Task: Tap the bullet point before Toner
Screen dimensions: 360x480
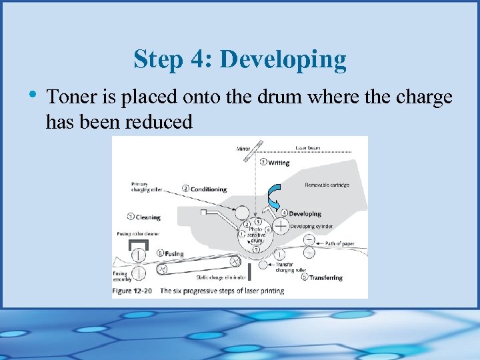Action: pos(33,97)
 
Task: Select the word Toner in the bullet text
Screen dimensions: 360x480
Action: pos(70,97)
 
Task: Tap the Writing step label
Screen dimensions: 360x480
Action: pos(278,163)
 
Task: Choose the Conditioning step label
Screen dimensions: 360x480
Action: pos(208,189)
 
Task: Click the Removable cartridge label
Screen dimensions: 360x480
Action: pos(327,185)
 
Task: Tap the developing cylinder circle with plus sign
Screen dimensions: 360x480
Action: pos(281,227)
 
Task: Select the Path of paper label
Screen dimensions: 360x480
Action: pos(340,244)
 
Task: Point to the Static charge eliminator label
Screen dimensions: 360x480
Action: pos(221,277)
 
